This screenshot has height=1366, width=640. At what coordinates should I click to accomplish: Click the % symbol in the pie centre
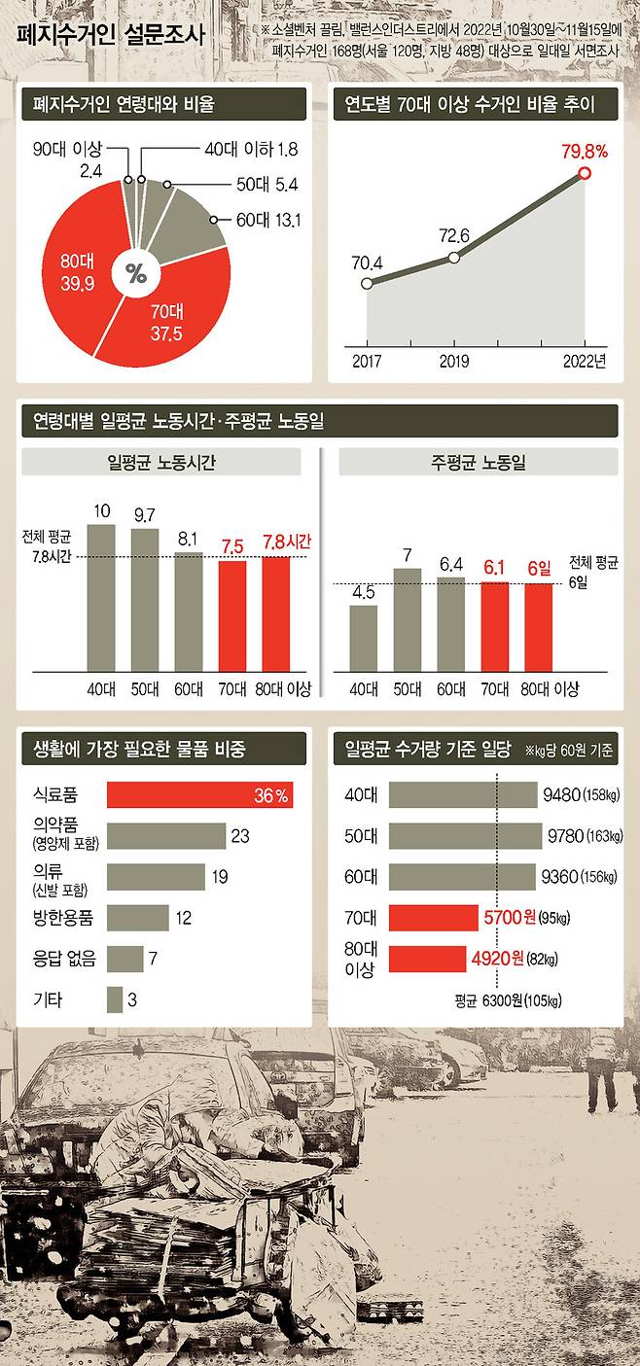(135, 274)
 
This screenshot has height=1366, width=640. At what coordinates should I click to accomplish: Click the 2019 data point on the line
(453, 258)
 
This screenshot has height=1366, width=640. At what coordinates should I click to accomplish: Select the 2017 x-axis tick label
(367, 362)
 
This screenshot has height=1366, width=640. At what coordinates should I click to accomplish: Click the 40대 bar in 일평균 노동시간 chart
(101, 598)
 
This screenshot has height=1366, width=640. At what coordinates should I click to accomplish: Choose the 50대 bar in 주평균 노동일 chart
(408, 619)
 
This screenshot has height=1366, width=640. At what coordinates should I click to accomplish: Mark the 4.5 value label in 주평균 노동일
(363, 592)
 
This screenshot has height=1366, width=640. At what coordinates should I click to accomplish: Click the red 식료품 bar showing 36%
(199, 795)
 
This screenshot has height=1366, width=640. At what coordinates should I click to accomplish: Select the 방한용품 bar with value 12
(137, 918)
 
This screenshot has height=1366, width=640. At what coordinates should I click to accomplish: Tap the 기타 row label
(48, 998)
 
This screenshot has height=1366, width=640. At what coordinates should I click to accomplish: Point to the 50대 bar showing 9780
(465, 836)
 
